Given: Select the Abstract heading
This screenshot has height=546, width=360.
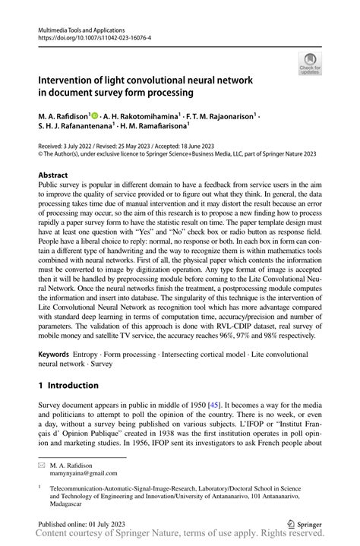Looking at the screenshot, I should click(x=58, y=175).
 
